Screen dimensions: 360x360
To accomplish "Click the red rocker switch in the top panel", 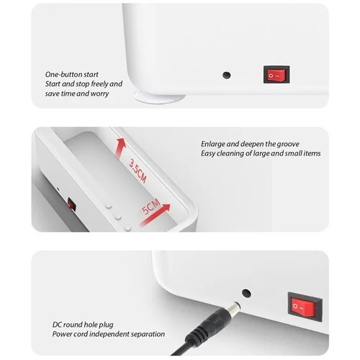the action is pyautogui.click(x=276, y=75).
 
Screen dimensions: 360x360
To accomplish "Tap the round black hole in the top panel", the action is pyautogui.click(x=227, y=75).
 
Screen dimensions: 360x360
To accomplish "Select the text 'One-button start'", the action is pyautogui.click(x=72, y=75).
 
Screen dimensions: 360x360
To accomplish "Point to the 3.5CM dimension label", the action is pyautogui.click(x=138, y=171).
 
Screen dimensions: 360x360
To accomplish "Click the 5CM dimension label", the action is pyautogui.click(x=150, y=206).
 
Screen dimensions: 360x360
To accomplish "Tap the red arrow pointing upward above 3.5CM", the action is pyautogui.click(x=120, y=148).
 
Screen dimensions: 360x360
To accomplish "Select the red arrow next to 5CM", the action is pyautogui.click(x=155, y=215).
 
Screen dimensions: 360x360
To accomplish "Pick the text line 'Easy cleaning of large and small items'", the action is pyautogui.click(x=261, y=153).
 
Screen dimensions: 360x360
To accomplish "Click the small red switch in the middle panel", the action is pyautogui.click(x=71, y=204).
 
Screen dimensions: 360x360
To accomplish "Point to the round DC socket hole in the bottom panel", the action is pyautogui.click(x=246, y=293).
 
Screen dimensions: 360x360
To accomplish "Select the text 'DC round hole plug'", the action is pyautogui.click(x=83, y=325).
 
